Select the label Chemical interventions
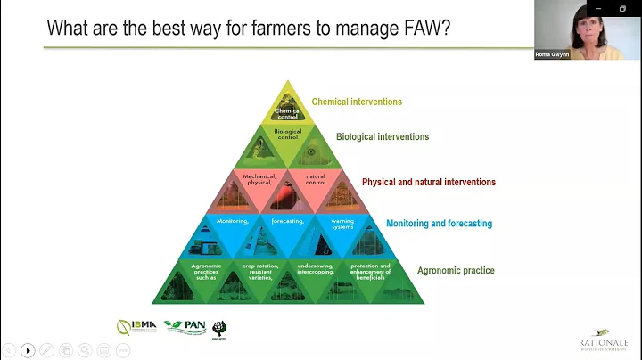(357, 102)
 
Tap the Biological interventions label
(383, 137)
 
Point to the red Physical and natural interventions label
(428, 182)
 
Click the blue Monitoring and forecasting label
(439, 224)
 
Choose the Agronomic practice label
(456, 270)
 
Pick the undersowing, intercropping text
(316, 268)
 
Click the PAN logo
(184, 327)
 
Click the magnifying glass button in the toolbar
(85, 350)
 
